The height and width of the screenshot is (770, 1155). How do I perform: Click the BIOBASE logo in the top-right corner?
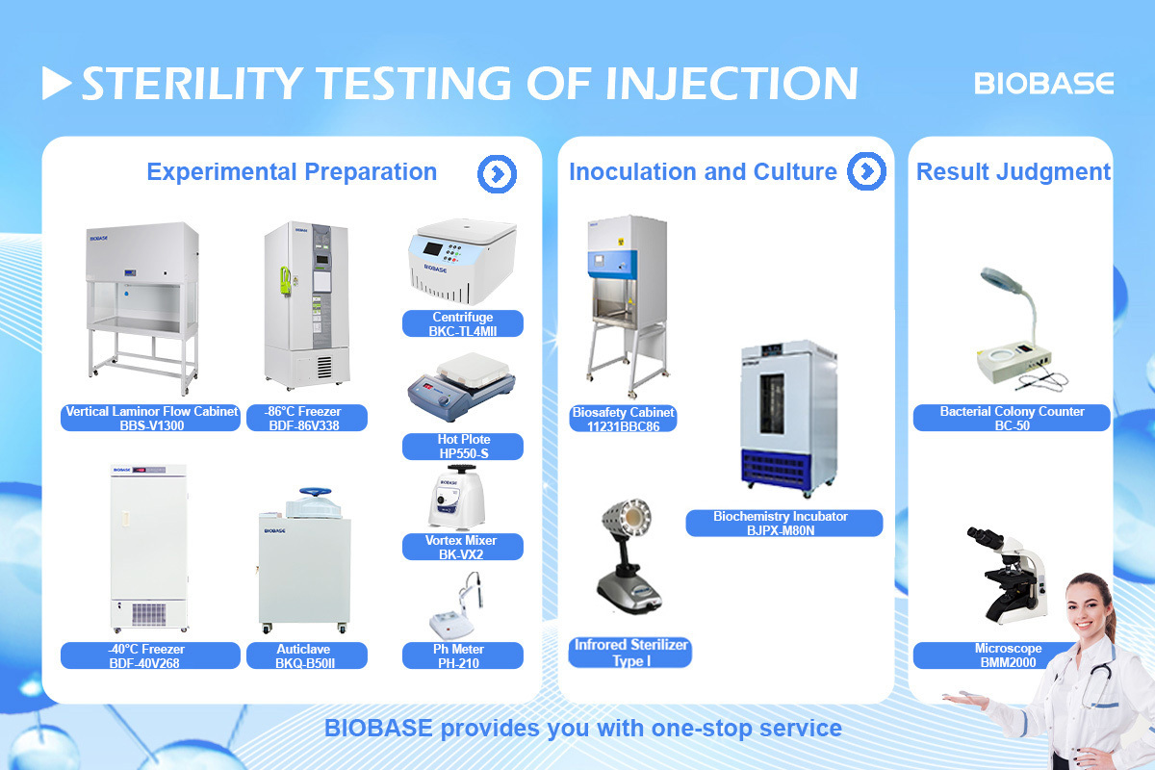point(1043,83)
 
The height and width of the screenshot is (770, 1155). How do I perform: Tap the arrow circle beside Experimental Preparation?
point(497,174)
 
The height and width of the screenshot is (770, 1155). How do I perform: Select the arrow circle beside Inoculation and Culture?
point(866,171)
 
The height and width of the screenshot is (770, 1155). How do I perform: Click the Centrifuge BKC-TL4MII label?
point(463,323)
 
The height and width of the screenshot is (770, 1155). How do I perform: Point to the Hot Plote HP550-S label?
point(463,446)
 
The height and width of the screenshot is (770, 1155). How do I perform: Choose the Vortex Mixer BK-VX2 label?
point(463,547)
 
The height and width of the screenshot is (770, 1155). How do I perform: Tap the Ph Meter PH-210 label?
point(463,655)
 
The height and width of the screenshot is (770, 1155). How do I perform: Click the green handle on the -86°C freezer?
point(285,281)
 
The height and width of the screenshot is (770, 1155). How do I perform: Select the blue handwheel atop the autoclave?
point(316,492)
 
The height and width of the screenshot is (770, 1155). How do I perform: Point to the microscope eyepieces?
point(985,537)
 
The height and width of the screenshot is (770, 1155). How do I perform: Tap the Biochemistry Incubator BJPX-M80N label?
point(783,523)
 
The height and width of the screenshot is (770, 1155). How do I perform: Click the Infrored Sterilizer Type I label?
point(629,653)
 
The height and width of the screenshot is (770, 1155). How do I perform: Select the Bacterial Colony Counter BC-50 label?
point(1012,418)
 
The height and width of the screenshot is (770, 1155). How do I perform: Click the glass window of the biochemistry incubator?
point(772,404)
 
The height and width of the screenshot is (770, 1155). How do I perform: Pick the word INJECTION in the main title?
point(731,83)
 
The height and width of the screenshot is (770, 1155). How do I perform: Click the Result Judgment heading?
point(1014,171)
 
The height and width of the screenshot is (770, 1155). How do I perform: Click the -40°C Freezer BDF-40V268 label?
point(150,655)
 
